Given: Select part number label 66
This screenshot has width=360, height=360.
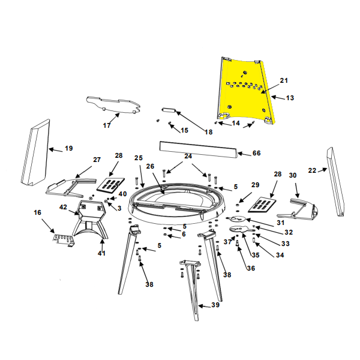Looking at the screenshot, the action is click(x=256, y=153).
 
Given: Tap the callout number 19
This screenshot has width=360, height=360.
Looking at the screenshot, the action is click(x=68, y=148).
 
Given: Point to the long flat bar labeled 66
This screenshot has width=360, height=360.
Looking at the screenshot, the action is click(x=199, y=149).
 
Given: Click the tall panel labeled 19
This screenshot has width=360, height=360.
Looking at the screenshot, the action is click(x=35, y=152).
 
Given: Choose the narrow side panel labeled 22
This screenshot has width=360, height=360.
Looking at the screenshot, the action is click(x=335, y=181).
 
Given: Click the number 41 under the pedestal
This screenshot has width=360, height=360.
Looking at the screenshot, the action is click(x=101, y=253).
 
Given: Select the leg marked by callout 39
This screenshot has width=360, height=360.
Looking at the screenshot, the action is click(x=192, y=290).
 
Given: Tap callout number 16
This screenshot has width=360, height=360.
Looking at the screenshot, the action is click(x=37, y=212).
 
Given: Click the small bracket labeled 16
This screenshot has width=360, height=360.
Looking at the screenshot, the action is click(x=64, y=240).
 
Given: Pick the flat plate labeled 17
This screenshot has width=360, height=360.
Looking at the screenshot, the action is click(x=113, y=105).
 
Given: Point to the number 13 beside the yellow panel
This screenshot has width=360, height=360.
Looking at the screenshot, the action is click(x=290, y=98).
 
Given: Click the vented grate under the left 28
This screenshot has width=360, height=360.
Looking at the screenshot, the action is click(x=110, y=184).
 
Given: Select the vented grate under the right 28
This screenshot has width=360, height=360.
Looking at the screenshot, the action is click(x=262, y=205).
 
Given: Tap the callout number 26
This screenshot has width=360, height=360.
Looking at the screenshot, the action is click(x=150, y=166).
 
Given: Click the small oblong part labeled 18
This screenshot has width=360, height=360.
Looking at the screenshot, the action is click(x=169, y=110).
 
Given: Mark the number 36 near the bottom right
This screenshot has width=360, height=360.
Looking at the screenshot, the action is click(x=251, y=268).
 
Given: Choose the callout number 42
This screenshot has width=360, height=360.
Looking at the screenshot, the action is click(x=63, y=207).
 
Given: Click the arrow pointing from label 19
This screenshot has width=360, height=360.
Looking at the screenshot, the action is click(x=56, y=150).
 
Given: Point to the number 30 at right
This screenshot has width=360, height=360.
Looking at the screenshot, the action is click(x=293, y=175).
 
